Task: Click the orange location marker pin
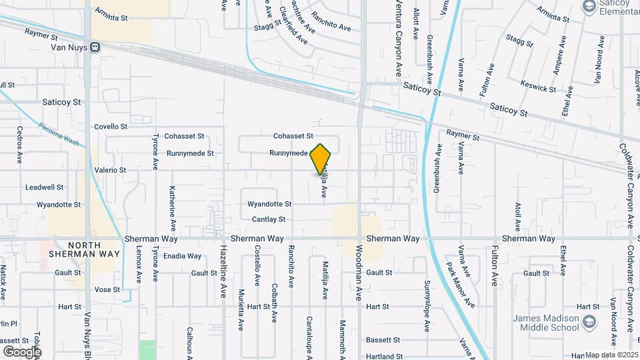[321, 159]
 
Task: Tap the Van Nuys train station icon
[96, 47]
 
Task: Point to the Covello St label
[110, 126]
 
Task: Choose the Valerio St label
[110, 170]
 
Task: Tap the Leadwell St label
[45, 187]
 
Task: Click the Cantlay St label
[269, 219]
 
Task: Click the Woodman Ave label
[359, 274]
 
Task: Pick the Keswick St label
[539, 88]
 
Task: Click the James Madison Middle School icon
[589, 323]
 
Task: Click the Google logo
[22, 351]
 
